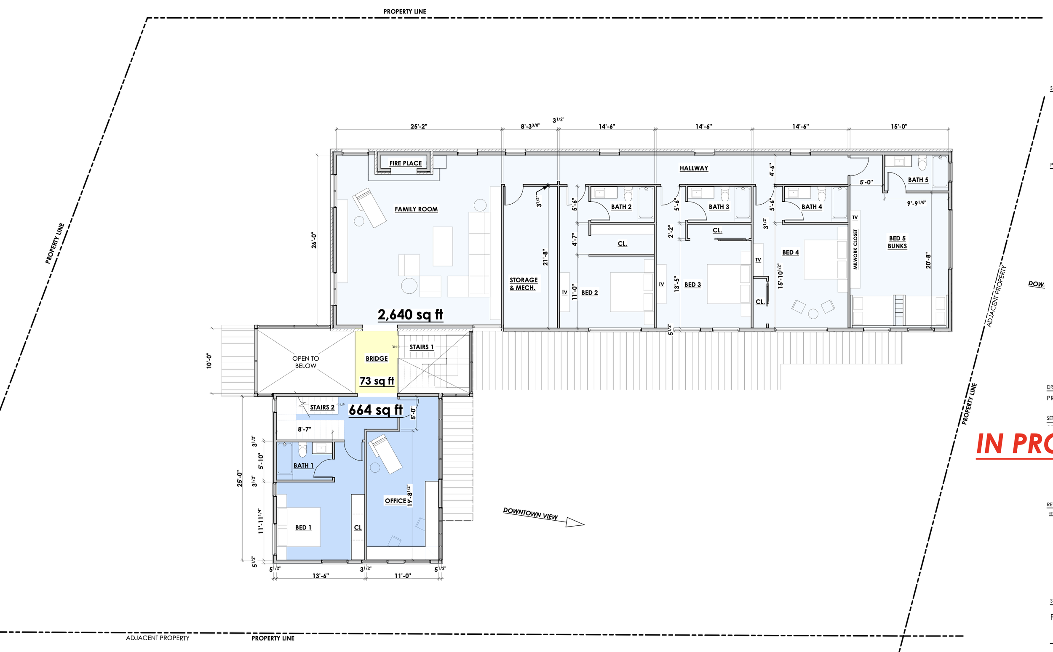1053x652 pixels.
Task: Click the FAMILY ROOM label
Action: [x=416, y=209]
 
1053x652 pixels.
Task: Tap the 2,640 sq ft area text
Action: [x=410, y=315]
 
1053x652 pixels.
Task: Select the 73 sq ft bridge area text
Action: [x=377, y=381]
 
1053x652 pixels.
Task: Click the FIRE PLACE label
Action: [x=405, y=163]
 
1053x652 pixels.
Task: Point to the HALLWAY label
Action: [x=694, y=168]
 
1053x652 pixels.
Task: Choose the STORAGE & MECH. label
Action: [x=523, y=284]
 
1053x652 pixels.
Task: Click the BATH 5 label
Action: [x=918, y=180]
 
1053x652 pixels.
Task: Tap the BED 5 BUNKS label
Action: [x=897, y=242]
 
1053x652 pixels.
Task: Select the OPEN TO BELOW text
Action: [x=305, y=362]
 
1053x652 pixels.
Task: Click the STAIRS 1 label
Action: [x=421, y=347]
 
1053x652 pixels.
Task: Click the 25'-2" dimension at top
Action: [x=418, y=126]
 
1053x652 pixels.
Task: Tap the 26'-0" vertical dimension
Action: [x=314, y=241]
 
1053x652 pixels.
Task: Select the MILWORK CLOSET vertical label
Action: [x=855, y=249]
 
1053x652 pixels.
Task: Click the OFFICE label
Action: [x=395, y=500]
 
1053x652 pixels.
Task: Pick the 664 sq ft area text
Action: [x=375, y=410]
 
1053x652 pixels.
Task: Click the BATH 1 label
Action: [x=303, y=465]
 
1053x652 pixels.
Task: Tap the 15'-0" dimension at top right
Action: [x=898, y=126]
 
